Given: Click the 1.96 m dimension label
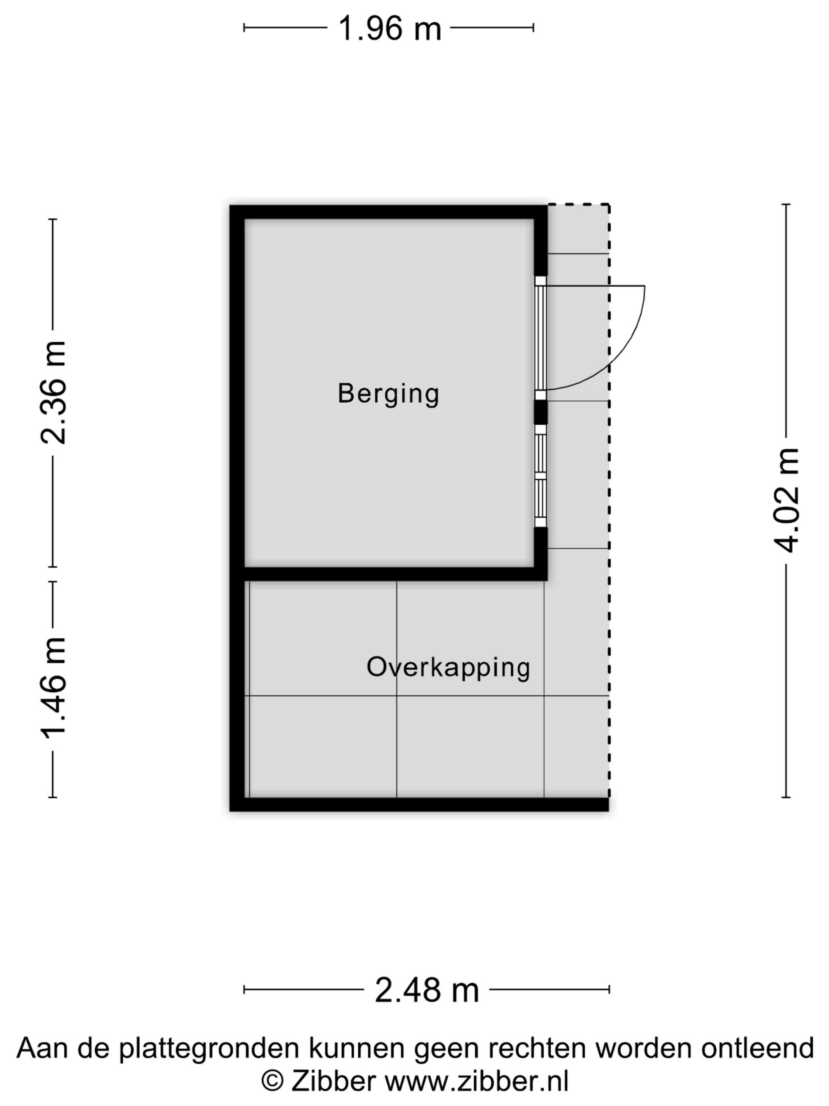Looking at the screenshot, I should click(389, 28).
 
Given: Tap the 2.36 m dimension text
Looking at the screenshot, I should click(53, 393).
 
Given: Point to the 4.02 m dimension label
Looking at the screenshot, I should click(785, 500).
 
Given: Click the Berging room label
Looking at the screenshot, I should click(388, 393).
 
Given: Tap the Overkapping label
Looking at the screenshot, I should click(448, 668).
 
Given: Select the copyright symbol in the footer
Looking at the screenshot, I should click(273, 1081).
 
